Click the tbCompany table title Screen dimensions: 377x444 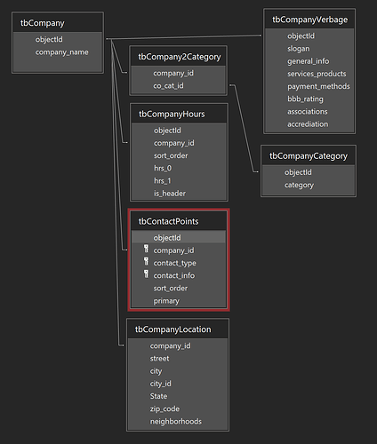tap(43, 23)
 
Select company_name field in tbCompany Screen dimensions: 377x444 tap(61, 52)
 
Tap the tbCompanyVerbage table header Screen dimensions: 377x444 tap(309, 20)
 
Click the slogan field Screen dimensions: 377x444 tap(298, 49)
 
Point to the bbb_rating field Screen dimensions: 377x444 tap(305, 99)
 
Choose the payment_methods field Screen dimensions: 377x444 tap(318, 86)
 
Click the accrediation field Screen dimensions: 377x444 tap(308, 124)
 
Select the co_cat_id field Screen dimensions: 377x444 tap(168, 86)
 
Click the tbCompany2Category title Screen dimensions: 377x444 tap(180, 57)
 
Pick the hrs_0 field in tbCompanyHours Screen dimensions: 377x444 tap(163, 168)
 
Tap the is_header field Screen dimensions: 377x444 tap(170, 194)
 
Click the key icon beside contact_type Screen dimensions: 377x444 tap(146, 261)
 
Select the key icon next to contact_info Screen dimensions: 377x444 tap(146, 274)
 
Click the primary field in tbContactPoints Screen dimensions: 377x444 tap(166, 301)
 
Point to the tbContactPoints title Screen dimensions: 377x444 tap(168, 221)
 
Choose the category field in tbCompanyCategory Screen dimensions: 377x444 tap(299, 185)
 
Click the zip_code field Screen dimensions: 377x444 tap(164, 408)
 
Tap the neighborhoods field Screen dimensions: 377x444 tap(175, 421)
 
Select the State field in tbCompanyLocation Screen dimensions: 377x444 tap(158, 396)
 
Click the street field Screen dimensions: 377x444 tap(159, 359)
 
